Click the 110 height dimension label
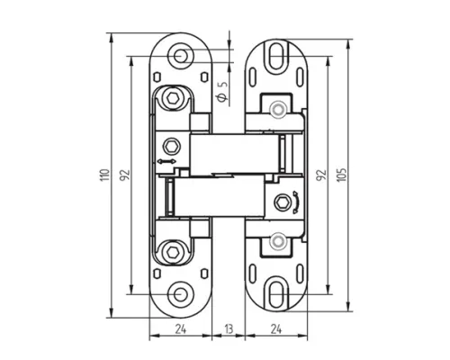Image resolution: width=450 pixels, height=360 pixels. pos(104,175)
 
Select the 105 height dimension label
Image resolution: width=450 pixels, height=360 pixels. pos(342,175)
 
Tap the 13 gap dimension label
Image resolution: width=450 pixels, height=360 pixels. pos(229,329)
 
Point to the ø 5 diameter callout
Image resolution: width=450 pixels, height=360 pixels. pos(222,91)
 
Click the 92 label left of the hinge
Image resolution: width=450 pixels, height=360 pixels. pos(125,175)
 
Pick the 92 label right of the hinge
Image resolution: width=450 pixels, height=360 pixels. pos(321,175)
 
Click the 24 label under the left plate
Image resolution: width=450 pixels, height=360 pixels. pos(181,329)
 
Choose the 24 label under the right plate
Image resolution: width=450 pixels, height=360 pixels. pos(276,329)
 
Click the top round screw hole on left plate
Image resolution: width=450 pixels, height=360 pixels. pos(180,56)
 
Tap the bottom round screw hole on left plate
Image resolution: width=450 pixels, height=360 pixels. pos(180,294)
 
